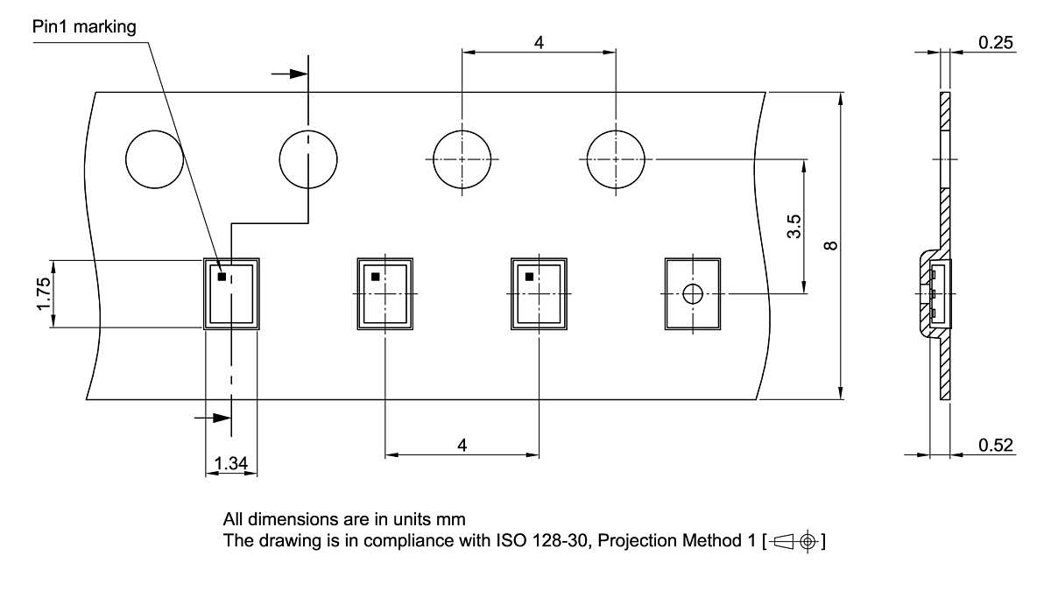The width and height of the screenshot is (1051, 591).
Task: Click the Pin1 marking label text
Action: tap(84, 27)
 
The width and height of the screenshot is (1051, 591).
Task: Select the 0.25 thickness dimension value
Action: tap(996, 43)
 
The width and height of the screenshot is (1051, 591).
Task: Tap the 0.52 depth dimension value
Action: tap(996, 445)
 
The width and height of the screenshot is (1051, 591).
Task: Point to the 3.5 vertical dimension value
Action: tap(794, 227)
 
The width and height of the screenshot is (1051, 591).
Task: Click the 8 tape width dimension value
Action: tap(830, 245)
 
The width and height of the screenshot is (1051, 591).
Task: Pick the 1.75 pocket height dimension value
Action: tap(44, 293)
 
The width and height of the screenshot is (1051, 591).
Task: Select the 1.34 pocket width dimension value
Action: tap(231, 463)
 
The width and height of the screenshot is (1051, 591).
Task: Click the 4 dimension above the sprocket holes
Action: tap(539, 43)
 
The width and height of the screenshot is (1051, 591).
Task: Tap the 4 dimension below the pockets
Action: tap(462, 445)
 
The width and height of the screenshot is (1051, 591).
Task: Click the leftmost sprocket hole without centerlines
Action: tap(154, 159)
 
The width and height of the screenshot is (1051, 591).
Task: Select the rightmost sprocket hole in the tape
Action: tap(616, 159)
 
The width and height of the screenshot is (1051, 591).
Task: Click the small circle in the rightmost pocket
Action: tap(693, 294)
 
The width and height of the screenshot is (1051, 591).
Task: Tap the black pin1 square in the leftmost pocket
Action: tap(222, 277)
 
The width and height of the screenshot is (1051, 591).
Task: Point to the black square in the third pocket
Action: tap(529, 277)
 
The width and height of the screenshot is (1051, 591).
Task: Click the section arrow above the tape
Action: tap(290, 74)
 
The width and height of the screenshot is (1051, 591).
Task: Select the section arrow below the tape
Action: tap(213, 418)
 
